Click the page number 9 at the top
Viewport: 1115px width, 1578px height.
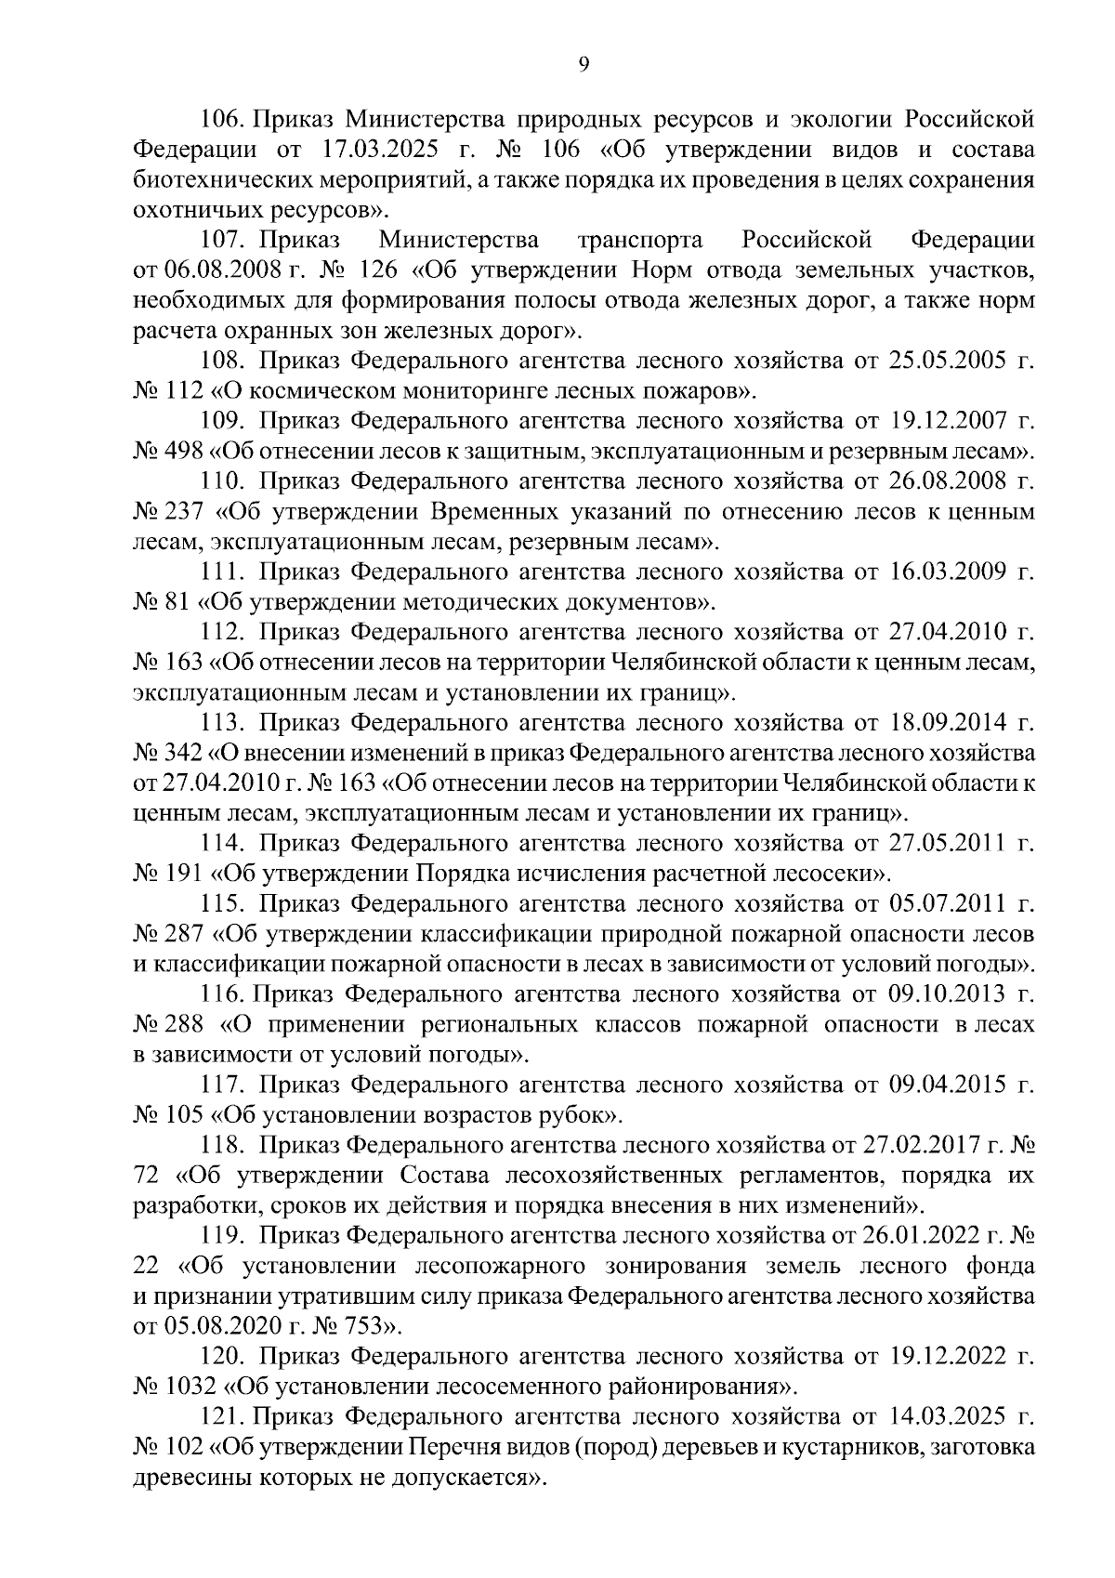click(584, 63)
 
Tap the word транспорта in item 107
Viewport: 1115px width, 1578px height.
click(640, 241)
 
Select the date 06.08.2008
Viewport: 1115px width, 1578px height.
click(218, 271)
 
